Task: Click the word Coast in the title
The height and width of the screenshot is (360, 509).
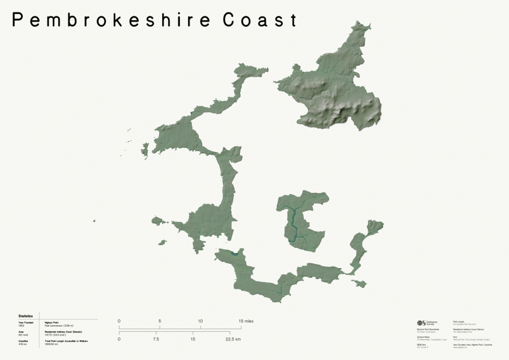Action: pos(260,20)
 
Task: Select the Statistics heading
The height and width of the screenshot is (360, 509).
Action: pos(25,316)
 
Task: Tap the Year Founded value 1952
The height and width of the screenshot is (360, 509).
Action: pos(21,326)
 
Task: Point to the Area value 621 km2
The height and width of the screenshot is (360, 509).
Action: pos(23,335)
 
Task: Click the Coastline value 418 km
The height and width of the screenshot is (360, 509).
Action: pos(22,344)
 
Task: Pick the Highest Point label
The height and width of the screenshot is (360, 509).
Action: pos(52,322)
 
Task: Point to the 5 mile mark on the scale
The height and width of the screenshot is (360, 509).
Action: pos(160,321)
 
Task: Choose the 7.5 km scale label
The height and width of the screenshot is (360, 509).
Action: pos(156,339)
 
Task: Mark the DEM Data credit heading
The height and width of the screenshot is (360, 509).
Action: pos(422,344)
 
